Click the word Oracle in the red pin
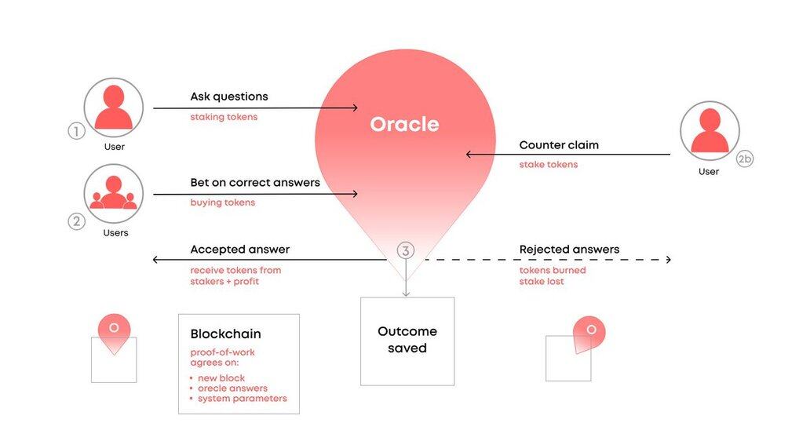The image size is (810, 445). click(404, 124)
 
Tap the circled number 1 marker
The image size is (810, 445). click(76, 131)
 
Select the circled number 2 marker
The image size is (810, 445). click(76, 221)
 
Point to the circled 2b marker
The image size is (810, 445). click(745, 159)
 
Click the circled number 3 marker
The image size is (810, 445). click(405, 251)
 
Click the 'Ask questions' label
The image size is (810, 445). click(228, 97)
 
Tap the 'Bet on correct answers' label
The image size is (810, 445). click(255, 183)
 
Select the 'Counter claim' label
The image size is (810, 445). click(559, 145)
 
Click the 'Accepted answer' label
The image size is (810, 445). click(239, 250)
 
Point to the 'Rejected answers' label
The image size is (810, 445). click(569, 250)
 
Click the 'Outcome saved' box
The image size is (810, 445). click(407, 341)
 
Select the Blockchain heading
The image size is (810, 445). click(225, 334)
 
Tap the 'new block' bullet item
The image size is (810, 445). click(221, 378)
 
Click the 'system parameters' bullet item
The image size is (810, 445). click(242, 398)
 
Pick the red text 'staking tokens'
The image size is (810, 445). click(224, 117)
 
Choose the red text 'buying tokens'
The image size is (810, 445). click(222, 202)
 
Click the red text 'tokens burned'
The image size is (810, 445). click(553, 270)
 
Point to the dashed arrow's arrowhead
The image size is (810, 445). click(668, 259)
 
